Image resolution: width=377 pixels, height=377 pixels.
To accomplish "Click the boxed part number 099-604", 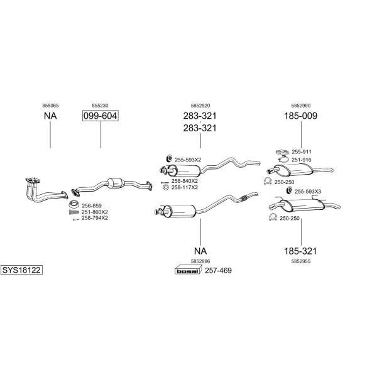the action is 101,116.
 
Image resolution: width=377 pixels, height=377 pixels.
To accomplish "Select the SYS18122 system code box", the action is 21,270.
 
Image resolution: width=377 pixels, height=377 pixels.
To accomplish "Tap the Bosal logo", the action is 188,270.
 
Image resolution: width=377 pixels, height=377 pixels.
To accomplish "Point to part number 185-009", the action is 300,116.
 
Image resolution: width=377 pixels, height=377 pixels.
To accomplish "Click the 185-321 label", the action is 300,251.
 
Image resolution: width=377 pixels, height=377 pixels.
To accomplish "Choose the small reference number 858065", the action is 50,106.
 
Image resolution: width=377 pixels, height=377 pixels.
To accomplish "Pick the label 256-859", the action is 92,206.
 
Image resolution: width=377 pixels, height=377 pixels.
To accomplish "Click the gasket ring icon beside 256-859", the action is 74,204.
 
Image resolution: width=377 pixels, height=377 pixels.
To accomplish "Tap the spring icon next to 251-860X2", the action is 74,212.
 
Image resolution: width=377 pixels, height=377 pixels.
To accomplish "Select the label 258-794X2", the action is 95,218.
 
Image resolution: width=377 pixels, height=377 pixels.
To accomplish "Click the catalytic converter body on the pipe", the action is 116,183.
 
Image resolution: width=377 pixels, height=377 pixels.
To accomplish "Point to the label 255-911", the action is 302,152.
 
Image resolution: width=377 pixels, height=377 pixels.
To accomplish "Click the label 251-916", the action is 302,160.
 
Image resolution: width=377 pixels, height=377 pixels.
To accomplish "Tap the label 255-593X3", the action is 308,192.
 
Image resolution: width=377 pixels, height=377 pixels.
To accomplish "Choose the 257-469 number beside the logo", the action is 218,270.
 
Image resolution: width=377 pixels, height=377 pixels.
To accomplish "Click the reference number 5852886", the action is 200,261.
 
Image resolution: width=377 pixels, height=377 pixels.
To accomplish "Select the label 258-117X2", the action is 185,187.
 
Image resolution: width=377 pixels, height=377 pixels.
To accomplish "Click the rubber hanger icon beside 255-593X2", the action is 169,159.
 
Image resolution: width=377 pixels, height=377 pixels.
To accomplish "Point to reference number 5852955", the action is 301,261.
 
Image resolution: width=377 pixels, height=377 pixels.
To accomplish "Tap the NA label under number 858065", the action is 50,116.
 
